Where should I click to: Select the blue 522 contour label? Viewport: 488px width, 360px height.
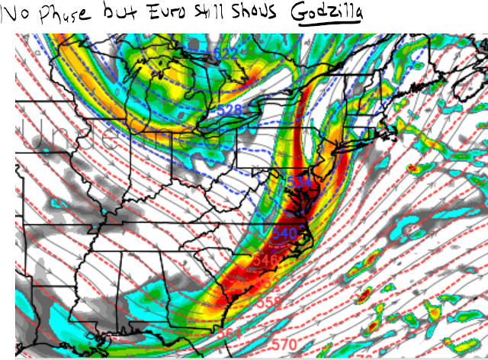[226, 53]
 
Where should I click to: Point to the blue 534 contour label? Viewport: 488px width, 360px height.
[298, 182]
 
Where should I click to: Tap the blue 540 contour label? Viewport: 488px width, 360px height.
[284, 232]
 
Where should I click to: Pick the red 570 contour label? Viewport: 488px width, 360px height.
[283, 345]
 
